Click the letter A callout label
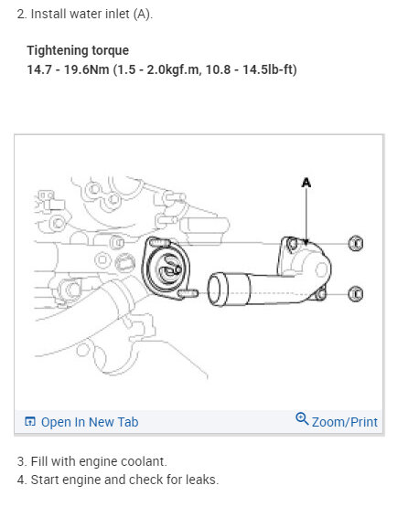pos(306,183)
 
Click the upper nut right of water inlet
pos(356,243)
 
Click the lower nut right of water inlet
pos(356,293)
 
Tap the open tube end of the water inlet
pos(216,290)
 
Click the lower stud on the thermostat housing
pos(190,293)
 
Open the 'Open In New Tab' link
pos(90,422)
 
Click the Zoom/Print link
pos(345,422)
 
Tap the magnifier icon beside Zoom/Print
pos(303,420)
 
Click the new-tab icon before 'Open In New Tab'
pos(30,422)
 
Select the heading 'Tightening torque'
pos(78,50)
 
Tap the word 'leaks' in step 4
pos(201,480)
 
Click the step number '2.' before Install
pos(23,15)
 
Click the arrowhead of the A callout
pos(307,242)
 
